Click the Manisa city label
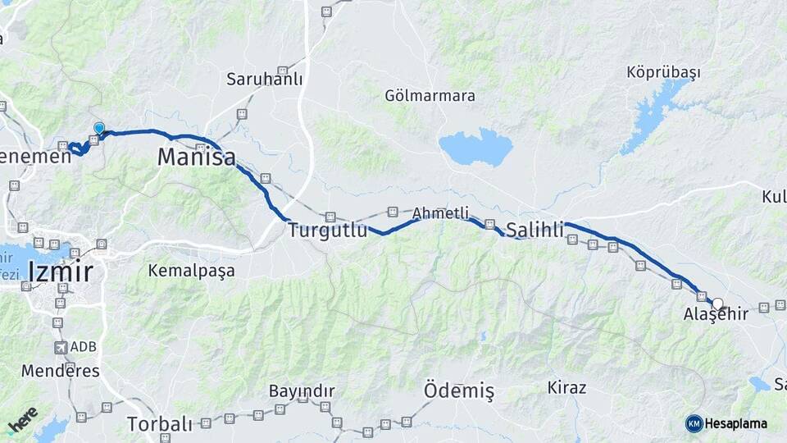pyautogui.click(x=197, y=157)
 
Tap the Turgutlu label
pyautogui.click(x=327, y=231)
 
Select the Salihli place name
pyautogui.click(x=535, y=230)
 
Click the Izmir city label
pyautogui.click(x=60, y=271)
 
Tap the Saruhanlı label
pyautogui.click(x=265, y=80)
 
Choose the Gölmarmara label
pyautogui.click(x=430, y=96)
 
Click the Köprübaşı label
pyautogui.click(x=663, y=72)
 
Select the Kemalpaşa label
pyautogui.click(x=191, y=270)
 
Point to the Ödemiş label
pyautogui.click(x=459, y=391)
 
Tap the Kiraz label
pyautogui.click(x=567, y=387)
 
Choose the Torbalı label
pyautogui.click(x=160, y=424)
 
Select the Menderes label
pyautogui.click(x=61, y=371)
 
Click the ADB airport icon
pyautogui.click(x=61, y=347)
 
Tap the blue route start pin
pyautogui.click(x=99, y=129)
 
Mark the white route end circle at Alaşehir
pyautogui.click(x=717, y=304)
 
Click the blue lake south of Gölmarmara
pyautogui.click(x=475, y=148)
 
